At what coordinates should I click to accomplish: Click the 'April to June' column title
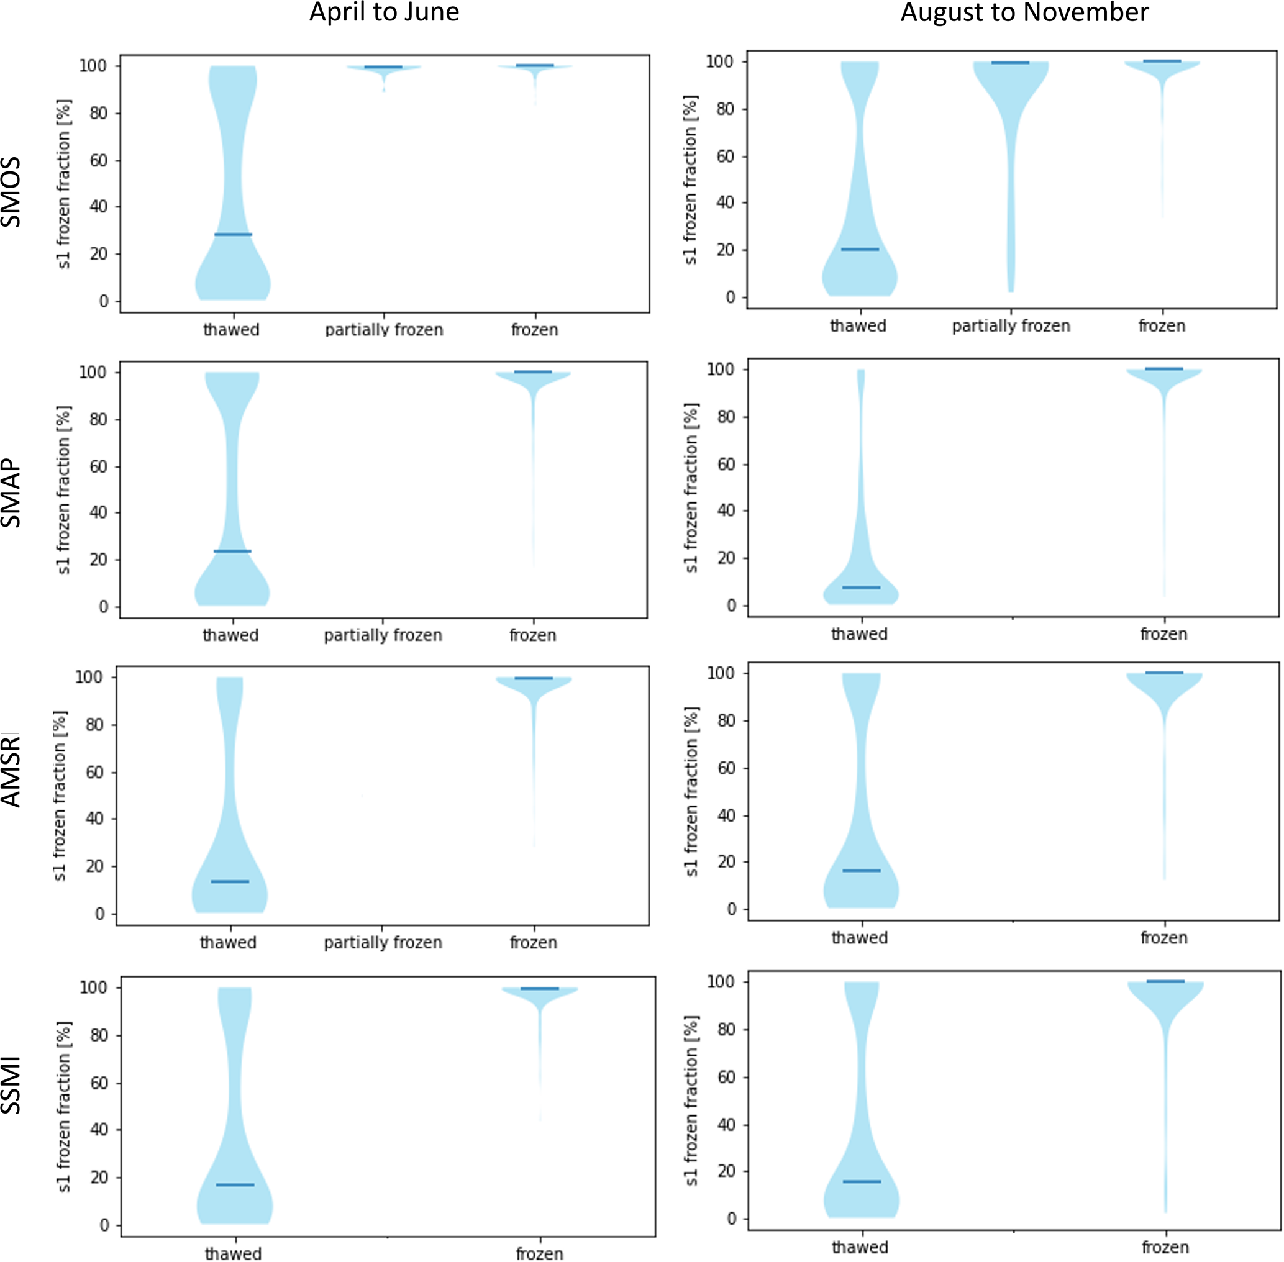pyautogui.click(x=384, y=12)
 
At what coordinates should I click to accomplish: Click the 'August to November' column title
pyautogui.click(x=1024, y=12)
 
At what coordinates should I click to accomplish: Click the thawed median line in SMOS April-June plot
pyautogui.click(x=233, y=234)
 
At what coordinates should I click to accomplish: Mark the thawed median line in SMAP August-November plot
pyautogui.click(x=860, y=588)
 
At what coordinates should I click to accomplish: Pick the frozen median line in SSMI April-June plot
pyautogui.click(x=540, y=988)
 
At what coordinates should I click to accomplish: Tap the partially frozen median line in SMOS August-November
pyautogui.click(x=1010, y=63)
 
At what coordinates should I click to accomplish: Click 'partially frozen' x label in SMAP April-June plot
pyautogui.click(x=383, y=635)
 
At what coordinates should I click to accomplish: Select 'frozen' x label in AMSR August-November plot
pyautogui.click(x=1163, y=938)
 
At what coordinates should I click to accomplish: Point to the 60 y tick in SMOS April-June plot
pyautogui.click(x=99, y=160)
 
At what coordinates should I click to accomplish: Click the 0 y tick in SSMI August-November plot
pyautogui.click(x=731, y=1219)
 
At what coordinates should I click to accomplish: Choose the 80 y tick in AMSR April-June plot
pyautogui.click(x=95, y=724)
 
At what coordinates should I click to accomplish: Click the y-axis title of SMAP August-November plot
pyautogui.click(x=691, y=488)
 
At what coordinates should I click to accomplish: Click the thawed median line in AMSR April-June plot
pyautogui.click(x=230, y=881)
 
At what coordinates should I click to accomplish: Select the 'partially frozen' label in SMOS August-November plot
pyautogui.click(x=1011, y=326)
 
